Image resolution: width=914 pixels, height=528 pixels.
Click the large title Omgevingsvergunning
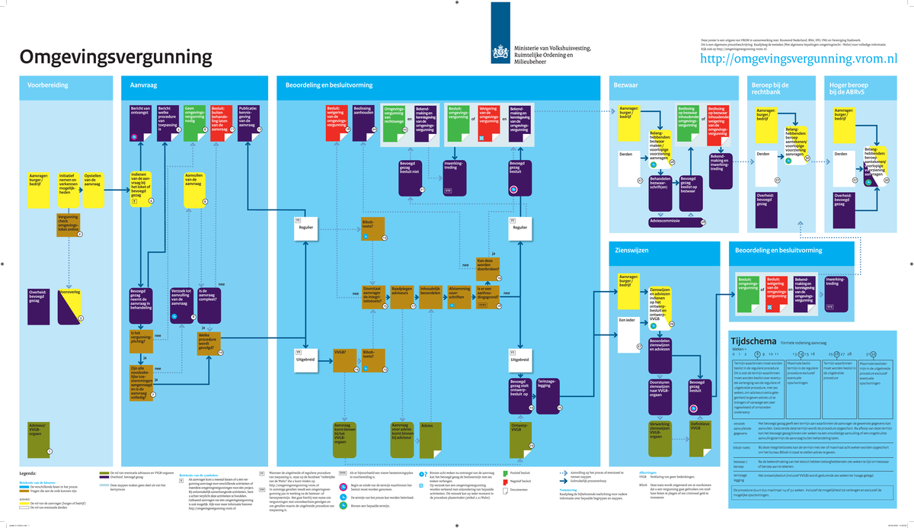click(x=116, y=57)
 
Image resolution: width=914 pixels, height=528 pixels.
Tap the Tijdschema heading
click(x=749, y=342)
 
